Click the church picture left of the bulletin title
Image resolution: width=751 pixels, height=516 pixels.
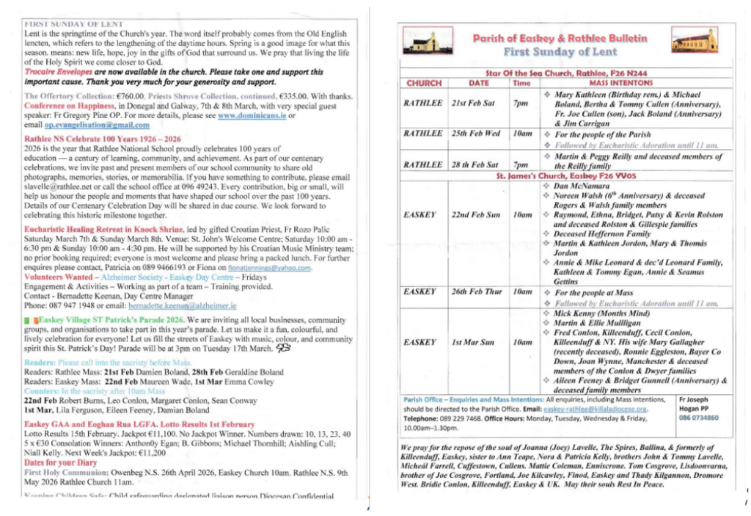coord(424,42)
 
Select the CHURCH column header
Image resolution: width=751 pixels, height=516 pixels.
coord(423,84)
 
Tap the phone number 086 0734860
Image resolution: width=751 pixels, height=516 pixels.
coord(698,418)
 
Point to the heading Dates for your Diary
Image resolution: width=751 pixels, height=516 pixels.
coord(61,463)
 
